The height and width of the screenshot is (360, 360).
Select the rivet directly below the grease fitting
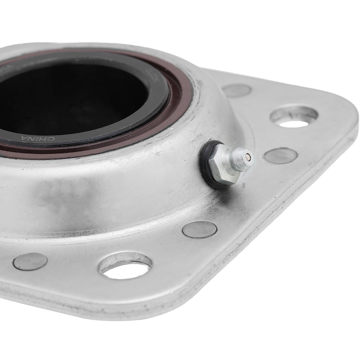coord(199,229)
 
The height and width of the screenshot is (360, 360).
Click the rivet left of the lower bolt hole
coord(30,261)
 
